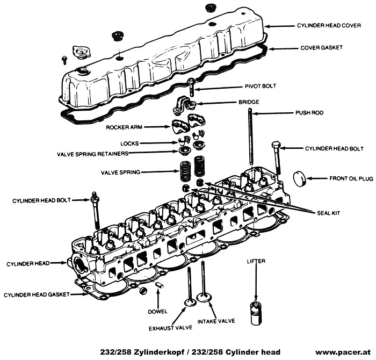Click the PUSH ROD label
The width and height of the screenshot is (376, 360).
(x=308, y=113)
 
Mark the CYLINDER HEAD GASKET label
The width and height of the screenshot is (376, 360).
(x=35, y=295)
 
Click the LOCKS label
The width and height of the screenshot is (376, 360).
(x=130, y=143)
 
